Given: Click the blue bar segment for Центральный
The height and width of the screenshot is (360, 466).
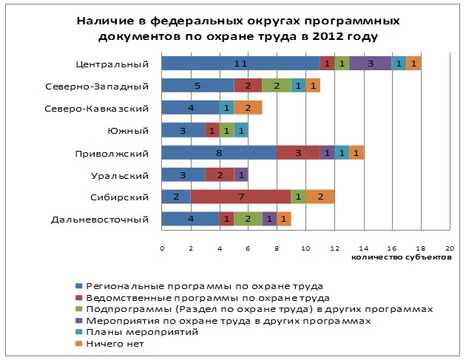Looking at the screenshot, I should click(240, 64).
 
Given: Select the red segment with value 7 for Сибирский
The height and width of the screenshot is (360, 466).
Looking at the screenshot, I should click(240, 197).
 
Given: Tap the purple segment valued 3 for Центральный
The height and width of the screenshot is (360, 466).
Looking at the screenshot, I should click(370, 64).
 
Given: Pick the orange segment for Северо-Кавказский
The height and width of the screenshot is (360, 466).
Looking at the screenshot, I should click(248, 108).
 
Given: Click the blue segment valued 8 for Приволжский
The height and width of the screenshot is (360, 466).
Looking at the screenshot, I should click(219, 152).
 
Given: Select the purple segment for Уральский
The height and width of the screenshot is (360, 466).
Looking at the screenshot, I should click(240, 174).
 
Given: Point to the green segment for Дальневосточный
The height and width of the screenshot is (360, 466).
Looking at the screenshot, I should click(248, 219).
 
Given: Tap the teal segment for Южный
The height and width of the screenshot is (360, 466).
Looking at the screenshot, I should click(240, 130).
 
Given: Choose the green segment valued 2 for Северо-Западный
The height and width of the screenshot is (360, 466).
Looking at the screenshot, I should click(277, 86).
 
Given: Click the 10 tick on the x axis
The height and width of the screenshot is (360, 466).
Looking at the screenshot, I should click(305, 248).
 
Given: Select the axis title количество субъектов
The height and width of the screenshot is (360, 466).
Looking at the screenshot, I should click(401, 257).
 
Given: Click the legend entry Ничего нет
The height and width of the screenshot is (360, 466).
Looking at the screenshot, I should click(114, 344).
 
